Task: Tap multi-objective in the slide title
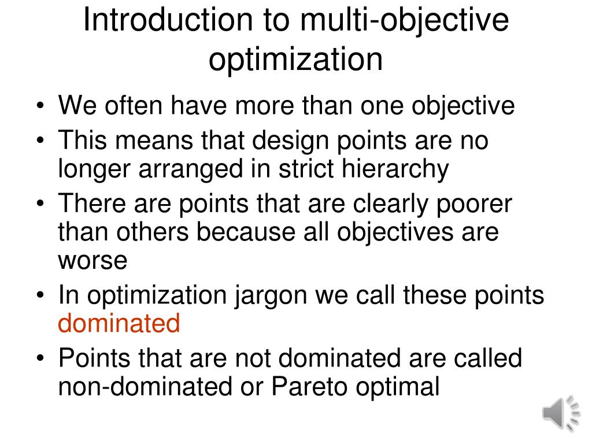[x=405, y=20]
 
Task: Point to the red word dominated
[x=119, y=323]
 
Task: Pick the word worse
[x=92, y=260]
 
